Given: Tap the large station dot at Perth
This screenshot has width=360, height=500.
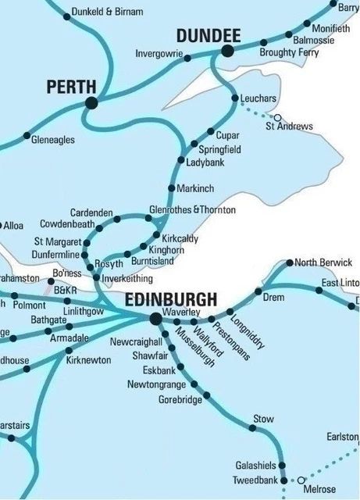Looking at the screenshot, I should (x=91, y=102).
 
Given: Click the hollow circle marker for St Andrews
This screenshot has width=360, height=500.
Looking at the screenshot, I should (x=276, y=117).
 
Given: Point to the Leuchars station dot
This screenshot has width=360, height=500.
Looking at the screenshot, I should (x=236, y=98).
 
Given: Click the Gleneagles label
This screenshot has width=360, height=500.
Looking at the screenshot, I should (x=53, y=139).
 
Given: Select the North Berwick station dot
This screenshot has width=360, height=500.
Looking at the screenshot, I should (x=290, y=262).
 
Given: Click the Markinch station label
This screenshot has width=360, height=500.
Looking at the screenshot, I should (x=195, y=189).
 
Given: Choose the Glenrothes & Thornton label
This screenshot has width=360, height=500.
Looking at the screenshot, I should (x=191, y=210).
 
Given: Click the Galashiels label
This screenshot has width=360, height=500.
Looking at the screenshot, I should (x=255, y=464).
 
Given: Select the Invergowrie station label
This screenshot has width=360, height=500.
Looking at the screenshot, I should (x=159, y=54).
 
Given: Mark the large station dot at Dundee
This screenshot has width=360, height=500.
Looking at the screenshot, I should (x=227, y=52).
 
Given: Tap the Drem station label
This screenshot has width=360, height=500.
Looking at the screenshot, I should (x=273, y=298).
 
